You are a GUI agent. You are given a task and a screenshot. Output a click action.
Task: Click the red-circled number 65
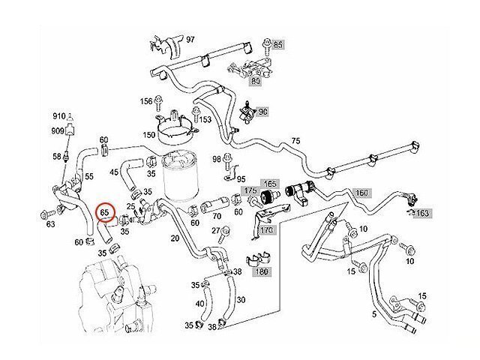106,213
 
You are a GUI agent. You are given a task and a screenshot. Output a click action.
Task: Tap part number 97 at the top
190,38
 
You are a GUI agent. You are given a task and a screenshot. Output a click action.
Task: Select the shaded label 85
278,46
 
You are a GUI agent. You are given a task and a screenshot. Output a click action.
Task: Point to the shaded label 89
255,81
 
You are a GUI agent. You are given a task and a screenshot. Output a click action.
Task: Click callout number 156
146,100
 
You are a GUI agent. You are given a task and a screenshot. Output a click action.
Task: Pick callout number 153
204,119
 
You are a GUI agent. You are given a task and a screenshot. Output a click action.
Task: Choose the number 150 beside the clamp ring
149,135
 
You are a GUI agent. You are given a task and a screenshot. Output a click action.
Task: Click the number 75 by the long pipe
295,141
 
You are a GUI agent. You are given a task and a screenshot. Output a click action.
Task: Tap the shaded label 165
268,183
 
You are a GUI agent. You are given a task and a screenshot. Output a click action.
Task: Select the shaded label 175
251,193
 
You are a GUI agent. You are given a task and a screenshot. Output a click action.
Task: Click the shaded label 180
262,271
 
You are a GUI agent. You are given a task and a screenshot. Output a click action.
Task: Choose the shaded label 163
422,213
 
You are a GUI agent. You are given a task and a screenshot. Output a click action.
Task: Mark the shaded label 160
361,193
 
